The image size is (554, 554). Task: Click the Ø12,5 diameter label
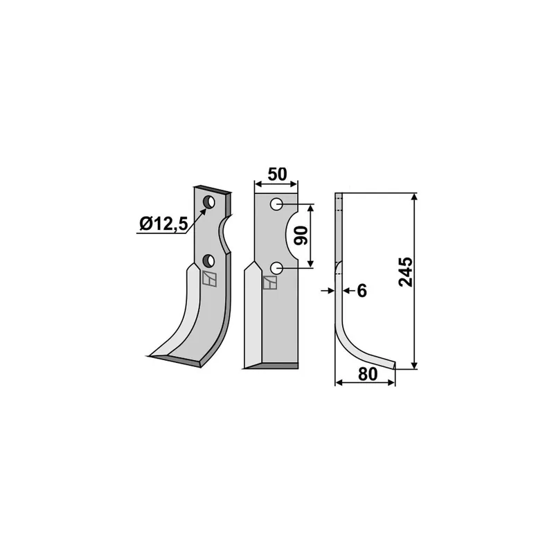163,224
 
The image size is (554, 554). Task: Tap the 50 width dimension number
278,175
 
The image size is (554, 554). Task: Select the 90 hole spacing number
301,235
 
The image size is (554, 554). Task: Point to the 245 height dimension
405,271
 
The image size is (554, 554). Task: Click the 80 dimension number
368,375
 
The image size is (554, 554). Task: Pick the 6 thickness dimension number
362,291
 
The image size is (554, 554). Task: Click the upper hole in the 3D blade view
209,202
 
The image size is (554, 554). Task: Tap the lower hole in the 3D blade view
209,261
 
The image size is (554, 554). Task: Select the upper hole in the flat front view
276,204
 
